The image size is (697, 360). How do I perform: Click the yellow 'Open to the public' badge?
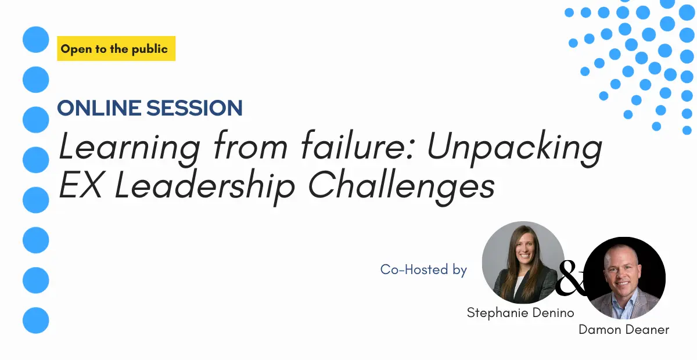tap(116, 49)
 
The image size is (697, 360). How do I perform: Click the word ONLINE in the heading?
tap(99, 108)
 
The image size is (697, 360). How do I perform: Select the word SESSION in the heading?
tap(194, 108)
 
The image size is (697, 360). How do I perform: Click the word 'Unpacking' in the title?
tap(515, 148)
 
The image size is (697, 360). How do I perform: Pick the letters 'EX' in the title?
tap(80, 185)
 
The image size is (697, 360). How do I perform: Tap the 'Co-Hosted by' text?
tap(423, 269)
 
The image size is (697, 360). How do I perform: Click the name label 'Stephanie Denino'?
tap(520, 313)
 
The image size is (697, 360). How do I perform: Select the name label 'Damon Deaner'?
tap(624, 329)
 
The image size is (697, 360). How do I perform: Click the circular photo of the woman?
tap(523, 262)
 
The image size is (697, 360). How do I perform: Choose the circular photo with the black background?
tap(624, 278)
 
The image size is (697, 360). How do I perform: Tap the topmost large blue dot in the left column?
tap(36, 39)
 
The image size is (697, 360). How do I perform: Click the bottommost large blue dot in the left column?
tap(36, 320)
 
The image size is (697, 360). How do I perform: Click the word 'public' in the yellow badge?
tap(150, 49)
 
